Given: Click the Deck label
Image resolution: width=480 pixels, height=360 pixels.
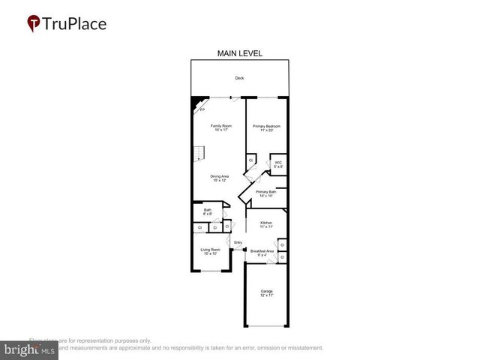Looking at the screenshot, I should coord(239,78).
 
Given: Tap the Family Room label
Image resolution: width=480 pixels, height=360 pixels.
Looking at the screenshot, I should coord(220,126).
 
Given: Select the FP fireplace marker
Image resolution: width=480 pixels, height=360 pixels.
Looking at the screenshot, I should coord(201,109).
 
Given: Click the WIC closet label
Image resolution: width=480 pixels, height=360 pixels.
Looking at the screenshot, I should coord(277,163).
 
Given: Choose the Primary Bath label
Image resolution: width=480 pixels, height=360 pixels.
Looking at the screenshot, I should coord(266,193).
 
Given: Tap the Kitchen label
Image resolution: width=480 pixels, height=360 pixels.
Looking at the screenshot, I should coord(266,223).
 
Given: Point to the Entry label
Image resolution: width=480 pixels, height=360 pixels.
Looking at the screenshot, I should coord(238,242).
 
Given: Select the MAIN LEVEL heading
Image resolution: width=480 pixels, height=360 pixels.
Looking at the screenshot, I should coord(240,53).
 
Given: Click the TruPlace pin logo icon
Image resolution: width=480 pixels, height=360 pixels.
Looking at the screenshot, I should coord(34,24).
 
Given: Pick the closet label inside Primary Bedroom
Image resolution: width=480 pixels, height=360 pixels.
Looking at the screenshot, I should coord(251,160).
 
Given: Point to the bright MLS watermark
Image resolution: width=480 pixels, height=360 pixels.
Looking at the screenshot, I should coord(29,349).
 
